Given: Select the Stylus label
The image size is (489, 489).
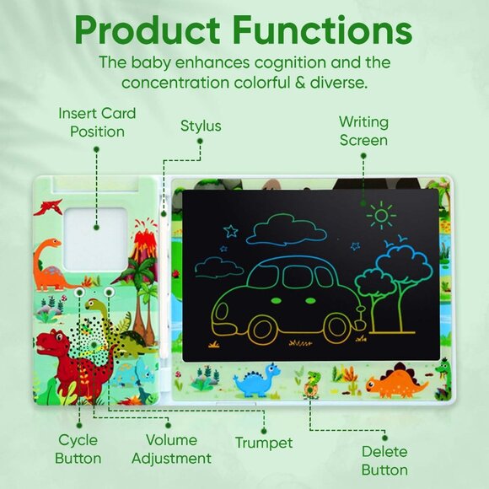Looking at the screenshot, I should coord(201,126).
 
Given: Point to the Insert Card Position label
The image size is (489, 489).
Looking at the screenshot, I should coord(97,122).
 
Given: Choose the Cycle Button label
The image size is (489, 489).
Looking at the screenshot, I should coord(78,449).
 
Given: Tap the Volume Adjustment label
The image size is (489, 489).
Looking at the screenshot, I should coord(177,449).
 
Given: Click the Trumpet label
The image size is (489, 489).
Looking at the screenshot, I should coord(264,443).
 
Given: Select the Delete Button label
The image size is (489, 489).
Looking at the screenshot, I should coord(384,460).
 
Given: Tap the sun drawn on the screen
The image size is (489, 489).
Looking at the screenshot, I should coord(381,216).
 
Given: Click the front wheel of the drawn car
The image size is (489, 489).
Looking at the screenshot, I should coord(338,325).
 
